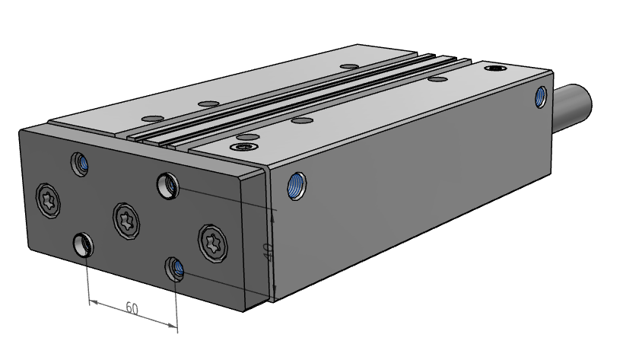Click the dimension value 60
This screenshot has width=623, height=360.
[132, 308]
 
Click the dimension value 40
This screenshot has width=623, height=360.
[269, 252]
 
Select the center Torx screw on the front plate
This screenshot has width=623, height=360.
[126, 221]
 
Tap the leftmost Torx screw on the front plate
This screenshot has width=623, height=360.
[48, 201]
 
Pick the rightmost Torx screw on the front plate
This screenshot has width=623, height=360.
[213, 244]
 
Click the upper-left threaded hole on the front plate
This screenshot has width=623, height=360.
[80, 164]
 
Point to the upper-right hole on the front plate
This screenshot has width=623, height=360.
[167, 186]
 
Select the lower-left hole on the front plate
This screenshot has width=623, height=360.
[84, 244]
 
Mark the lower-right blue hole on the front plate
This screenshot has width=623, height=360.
[175, 269]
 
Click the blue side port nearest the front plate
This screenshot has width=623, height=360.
[297, 186]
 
